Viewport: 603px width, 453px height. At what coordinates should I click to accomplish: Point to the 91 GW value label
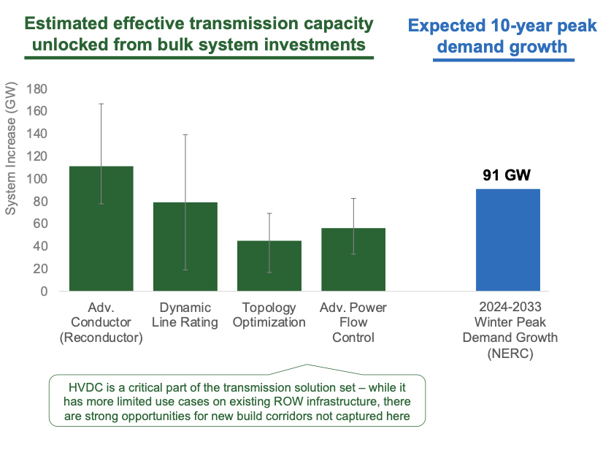coord(509,175)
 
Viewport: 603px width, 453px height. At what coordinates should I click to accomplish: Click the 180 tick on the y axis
coord(37,89)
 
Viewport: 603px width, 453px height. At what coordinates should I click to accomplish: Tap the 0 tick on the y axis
coord(44,292)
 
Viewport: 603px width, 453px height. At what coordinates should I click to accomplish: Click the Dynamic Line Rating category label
coord(185,315)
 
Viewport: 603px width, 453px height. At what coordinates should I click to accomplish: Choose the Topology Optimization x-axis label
coord(269,315)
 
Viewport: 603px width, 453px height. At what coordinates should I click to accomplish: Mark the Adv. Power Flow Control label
coord(353,322)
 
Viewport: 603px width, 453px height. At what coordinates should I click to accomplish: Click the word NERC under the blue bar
coord(509,353)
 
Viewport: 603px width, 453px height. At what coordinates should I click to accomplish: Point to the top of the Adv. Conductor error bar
coord(101,104)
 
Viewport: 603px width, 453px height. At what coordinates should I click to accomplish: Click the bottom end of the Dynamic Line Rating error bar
coord(185,270)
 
